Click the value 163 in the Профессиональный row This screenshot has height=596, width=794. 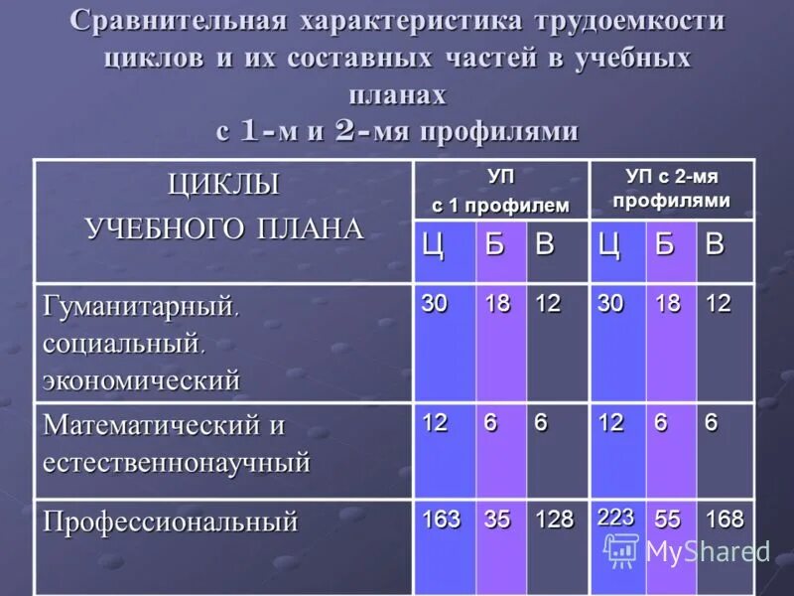click(x=442, y=520)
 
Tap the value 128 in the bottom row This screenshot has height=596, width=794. click(x=554, y=520)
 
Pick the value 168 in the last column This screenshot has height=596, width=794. click(x=724, y=520)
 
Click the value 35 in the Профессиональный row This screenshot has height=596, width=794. click(x=497, y=520)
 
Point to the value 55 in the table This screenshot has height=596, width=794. click(x=668, y=520)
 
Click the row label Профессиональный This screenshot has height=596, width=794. click(x=170, y=521)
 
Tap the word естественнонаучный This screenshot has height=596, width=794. click(x=177, y=462)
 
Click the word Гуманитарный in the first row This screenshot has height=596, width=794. click(x=140, y=304)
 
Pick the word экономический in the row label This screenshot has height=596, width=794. click(x=142, y=379)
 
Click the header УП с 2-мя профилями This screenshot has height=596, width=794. click(x=671, y=188)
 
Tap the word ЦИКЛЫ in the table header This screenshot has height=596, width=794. click(x=223, y=186)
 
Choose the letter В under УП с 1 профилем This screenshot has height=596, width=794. click(x=545, y=246)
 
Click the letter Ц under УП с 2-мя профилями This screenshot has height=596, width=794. click(x=608, y=246)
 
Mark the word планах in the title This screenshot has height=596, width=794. click(x=397, y=94)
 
